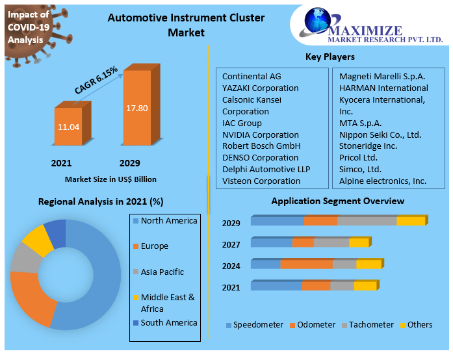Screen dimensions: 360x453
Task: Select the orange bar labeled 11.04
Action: (68, 127)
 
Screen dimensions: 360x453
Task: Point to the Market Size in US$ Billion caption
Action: (110, 179)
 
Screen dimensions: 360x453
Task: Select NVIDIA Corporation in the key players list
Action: (260, 135)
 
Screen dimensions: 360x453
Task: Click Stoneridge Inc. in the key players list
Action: (368, 146)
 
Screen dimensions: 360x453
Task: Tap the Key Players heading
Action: (330, 57)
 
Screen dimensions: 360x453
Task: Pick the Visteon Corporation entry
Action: (261, 181)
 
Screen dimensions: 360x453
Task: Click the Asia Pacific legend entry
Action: (162, 272)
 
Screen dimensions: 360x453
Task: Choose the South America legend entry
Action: (168, 322)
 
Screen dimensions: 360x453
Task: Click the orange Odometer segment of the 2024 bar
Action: (306, 264)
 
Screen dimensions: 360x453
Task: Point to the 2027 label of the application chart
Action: (231, 244)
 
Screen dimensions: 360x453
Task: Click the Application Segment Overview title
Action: (337, 201)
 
